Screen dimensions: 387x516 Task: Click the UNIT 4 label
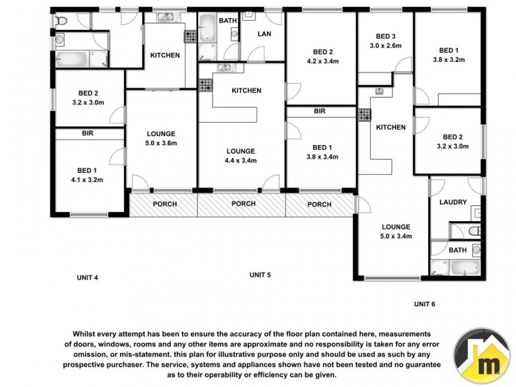(87, 278)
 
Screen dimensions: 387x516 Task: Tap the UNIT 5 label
(260, 275)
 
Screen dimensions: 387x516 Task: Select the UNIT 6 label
(426, 303)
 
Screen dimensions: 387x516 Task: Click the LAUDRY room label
(453, 202)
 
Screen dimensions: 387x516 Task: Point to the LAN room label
(264, 34)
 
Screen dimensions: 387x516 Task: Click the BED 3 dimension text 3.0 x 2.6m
(386, 46)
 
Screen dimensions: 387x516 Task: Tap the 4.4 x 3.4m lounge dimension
(241, 161)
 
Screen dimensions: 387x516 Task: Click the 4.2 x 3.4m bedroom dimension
(322, 62)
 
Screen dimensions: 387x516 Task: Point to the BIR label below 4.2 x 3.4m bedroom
(319, 112)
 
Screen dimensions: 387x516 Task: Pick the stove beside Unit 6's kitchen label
(364, 115)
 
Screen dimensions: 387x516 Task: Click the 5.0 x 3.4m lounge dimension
(395, 236)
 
